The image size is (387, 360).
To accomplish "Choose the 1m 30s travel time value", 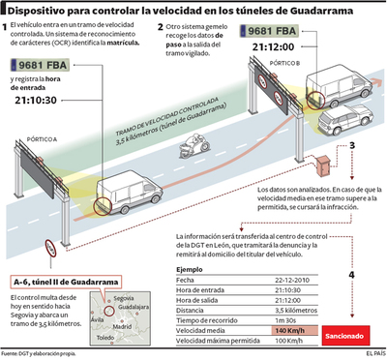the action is (287, 320).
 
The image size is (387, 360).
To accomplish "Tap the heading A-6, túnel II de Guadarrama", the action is (65, 281).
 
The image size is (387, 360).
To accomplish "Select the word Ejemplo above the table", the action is (190, 267).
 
